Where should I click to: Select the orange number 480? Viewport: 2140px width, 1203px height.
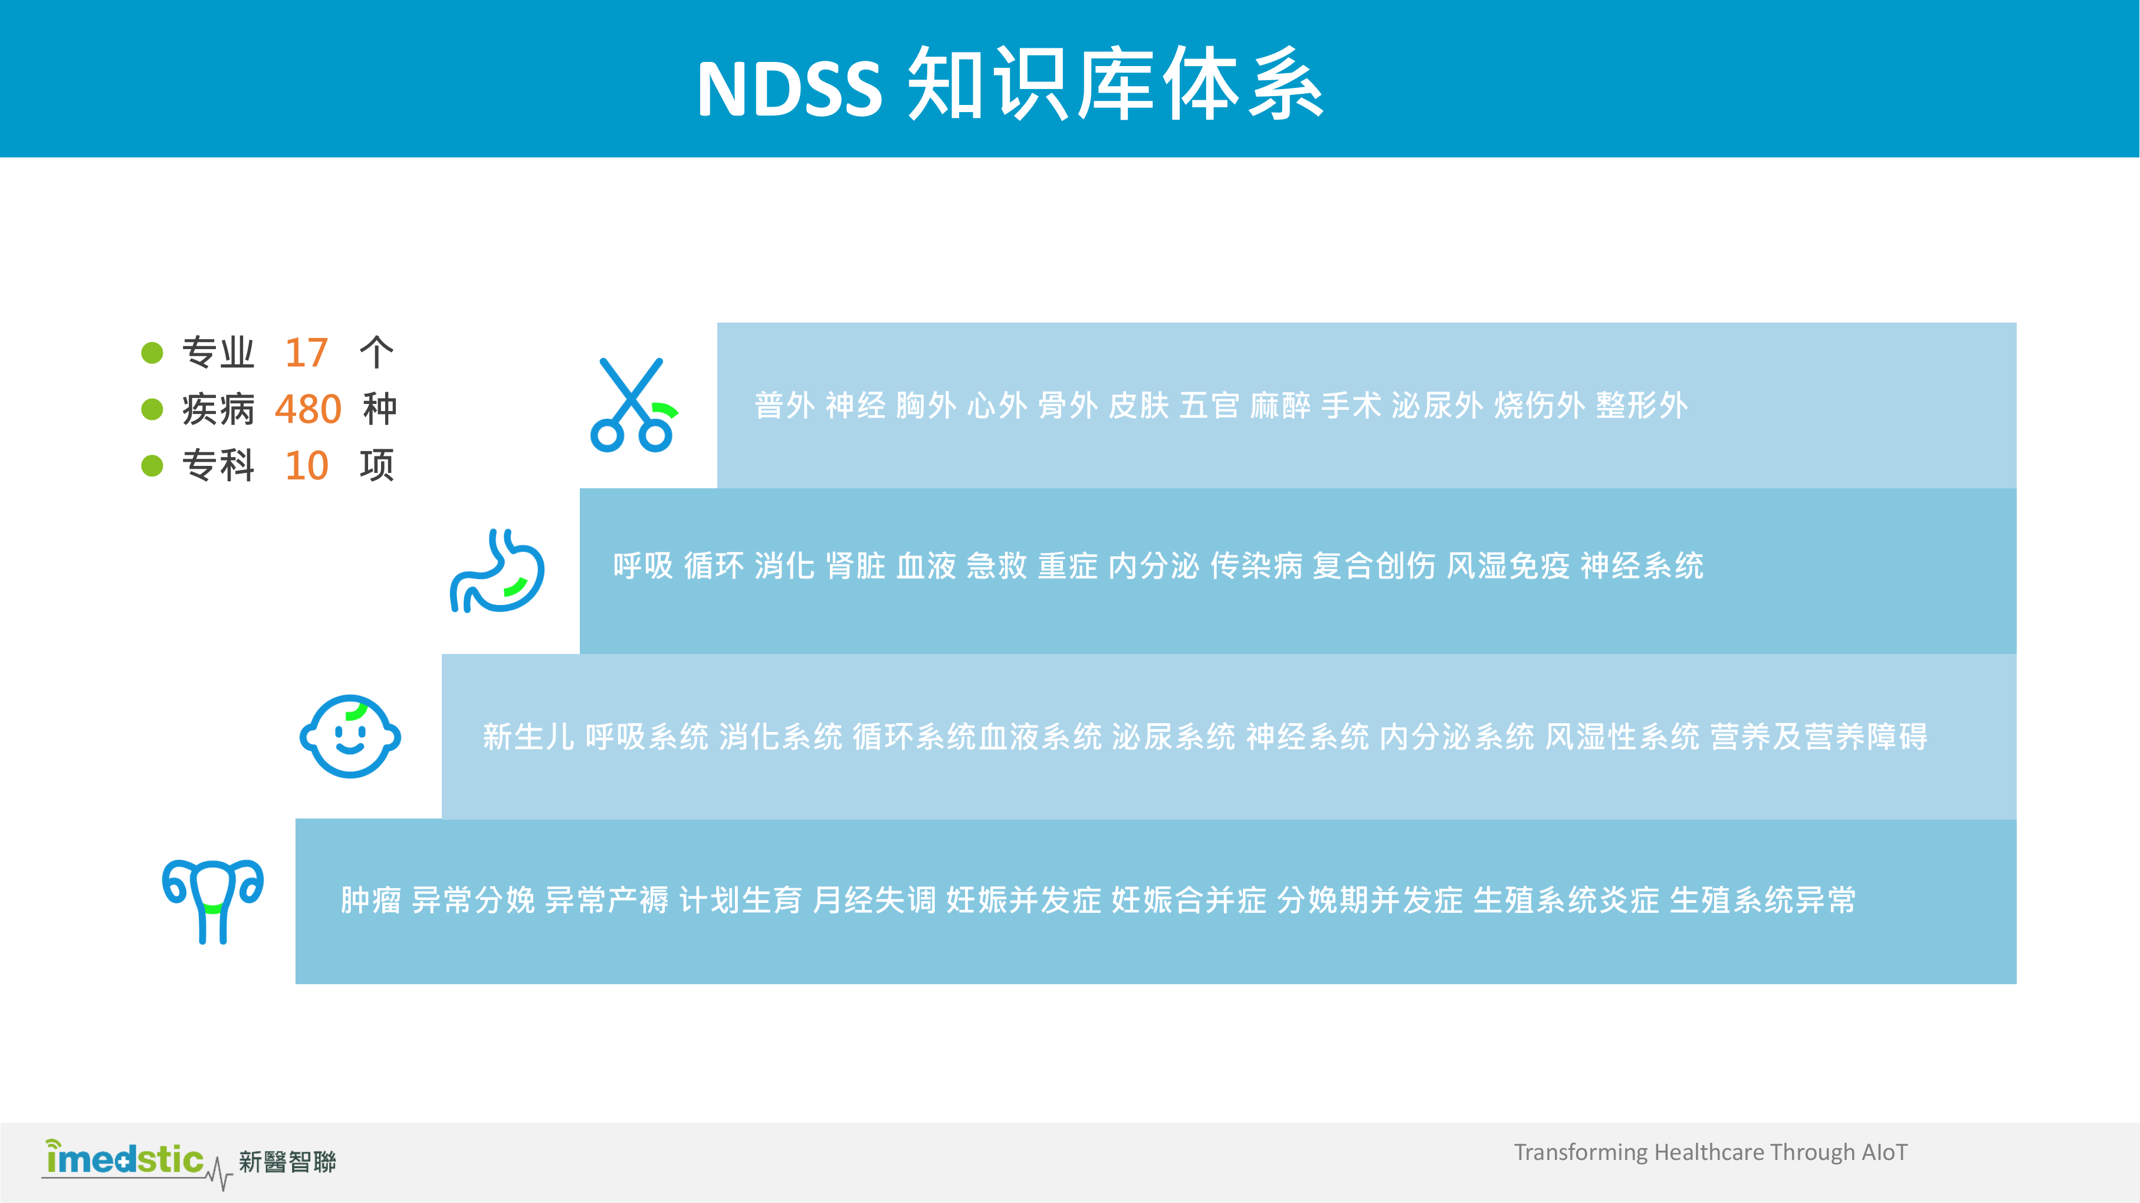pos(307,409)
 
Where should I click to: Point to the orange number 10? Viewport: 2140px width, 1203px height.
pos(307,465)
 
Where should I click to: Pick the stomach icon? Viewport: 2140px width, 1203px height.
pos(497,571)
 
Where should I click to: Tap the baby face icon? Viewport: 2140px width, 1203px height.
pos(350,736)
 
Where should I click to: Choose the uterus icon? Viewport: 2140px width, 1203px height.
pos(213,900)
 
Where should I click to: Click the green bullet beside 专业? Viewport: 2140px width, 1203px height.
pos(152,353)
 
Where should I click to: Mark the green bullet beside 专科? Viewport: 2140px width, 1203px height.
pos(152,465)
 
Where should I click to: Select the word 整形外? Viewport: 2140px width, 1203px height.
pos(1642,406)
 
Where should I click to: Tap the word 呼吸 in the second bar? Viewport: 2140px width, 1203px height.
pos(643,566)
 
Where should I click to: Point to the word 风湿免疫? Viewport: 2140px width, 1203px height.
pos(1508,566)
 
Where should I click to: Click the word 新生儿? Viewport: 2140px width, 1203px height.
pos(529,736)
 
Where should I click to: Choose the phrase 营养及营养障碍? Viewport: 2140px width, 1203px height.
pos(1819,736)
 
